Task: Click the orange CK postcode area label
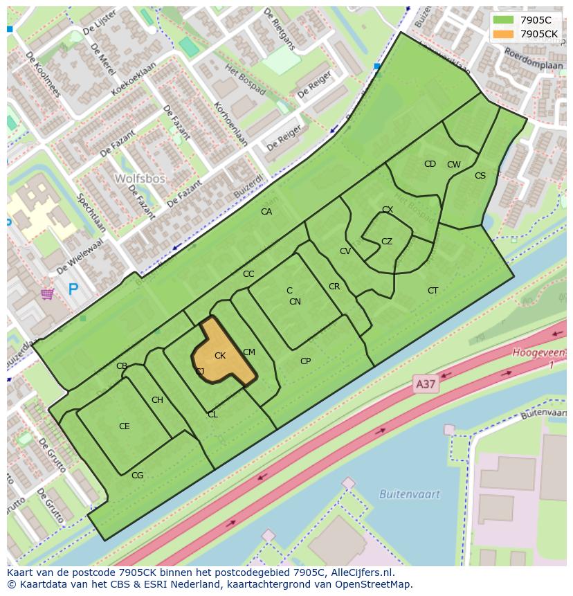pyautogui.click(x=220, y=356)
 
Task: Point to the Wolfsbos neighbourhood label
pyautogui.click(x=140, y=179)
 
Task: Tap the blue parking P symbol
pyautogui.click(x=73, y=289)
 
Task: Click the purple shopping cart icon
pyautogui.click(x=47, y=294)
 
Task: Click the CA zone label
pyautogui.click(x=266, y=212)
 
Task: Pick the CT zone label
pyautogui.click(x=433, y=291)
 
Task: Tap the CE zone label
pyautogui.click(x=125, y=426)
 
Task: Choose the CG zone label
pyautogui.click(x=138, y=475)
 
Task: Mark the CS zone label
pyautogui.click(x=480, y=176)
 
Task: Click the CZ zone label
pyautogui.click(x=387, y=242)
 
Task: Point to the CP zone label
pyautogui.click(x=305, y=361)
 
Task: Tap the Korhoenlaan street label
pyautogui.click(x=231, y=125)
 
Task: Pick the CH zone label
pyautogui.click(x=157, y=400)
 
